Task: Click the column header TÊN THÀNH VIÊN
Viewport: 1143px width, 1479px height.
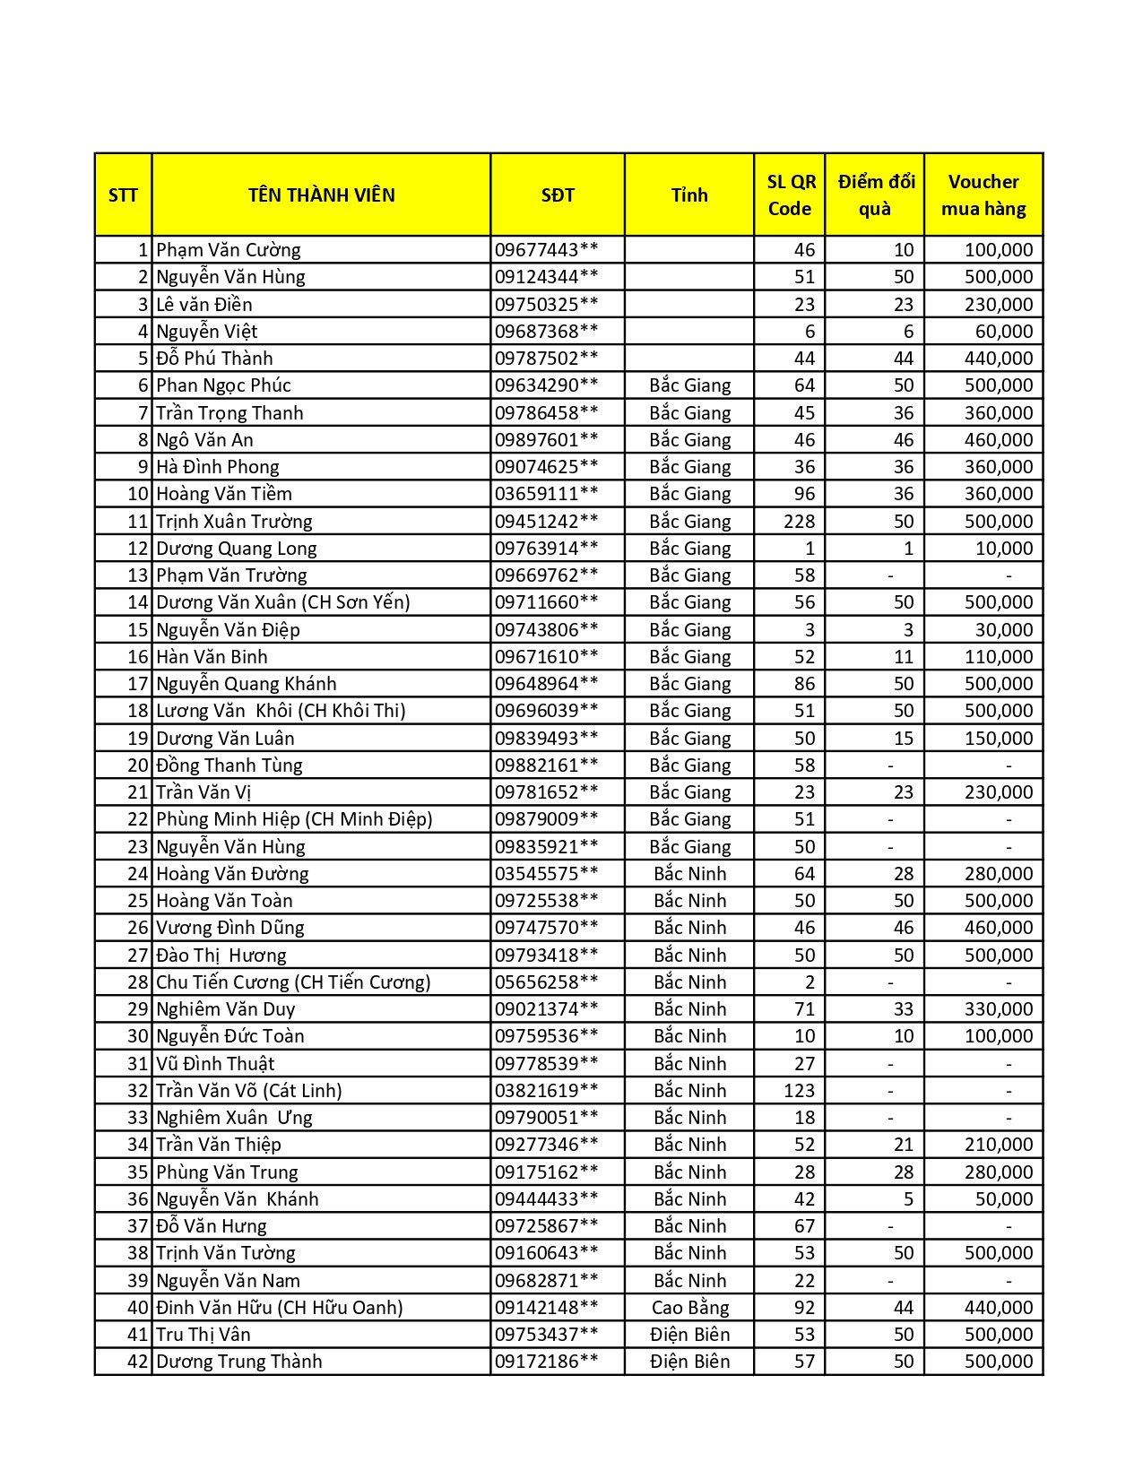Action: [321, 195]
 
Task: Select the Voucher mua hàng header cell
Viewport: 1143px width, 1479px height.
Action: [983, 195]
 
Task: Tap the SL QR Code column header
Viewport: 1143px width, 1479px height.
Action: [790, 195]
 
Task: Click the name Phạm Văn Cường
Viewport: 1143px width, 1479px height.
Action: [229, 250]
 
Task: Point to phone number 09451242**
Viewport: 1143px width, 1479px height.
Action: [546, 522]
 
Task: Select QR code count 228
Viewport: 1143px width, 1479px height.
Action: [799, 522]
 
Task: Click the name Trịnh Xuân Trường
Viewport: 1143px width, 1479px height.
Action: [234, 522]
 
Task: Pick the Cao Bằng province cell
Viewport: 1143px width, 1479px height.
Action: [689, 1308]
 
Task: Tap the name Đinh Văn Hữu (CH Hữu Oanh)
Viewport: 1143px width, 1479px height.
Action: [279, 1308]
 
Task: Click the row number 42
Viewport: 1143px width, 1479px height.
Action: [137, 1362]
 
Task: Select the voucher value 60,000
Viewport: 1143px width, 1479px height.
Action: [1003, 332]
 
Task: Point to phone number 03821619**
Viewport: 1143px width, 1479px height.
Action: [546, 1091]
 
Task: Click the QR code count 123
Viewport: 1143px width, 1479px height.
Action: [799, 1091]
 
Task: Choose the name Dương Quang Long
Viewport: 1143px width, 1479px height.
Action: [236, 549]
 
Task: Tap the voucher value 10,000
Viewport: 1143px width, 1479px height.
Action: [1003, 549]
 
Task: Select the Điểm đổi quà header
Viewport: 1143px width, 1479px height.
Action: [875, 195]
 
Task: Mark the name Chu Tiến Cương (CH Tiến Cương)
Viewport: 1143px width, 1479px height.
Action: [293, 982]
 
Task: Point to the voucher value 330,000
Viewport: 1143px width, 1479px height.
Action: [998, 1009]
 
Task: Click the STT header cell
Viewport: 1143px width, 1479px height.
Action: [123, 195]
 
